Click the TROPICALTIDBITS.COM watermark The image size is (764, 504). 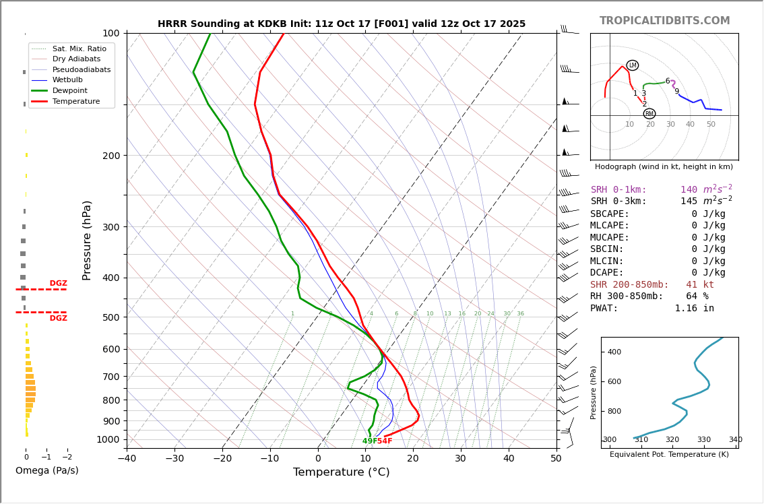[664, 21]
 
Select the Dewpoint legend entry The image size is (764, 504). [70, 90]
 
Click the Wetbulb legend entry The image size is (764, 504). [67, 80]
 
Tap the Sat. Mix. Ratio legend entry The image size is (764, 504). [79, 49]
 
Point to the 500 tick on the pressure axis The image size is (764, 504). [111, 317]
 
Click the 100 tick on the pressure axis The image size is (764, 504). [111, 33]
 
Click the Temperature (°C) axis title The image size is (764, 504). [341, 472]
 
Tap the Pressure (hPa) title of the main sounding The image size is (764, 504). [87, 240]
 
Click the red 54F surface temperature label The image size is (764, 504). [385, 441]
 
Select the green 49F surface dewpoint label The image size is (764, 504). [369, 441]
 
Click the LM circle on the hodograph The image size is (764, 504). [632, 65]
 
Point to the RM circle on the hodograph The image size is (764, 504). [649, 114]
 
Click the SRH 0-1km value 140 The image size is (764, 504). [689, 190]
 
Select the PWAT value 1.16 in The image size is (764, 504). [694, 308]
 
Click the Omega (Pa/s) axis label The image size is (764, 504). [46, 470]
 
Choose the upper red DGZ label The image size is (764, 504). [58, 284]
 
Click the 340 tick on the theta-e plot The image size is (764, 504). [734, 440]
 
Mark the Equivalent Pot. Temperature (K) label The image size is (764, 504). [669, 454]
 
